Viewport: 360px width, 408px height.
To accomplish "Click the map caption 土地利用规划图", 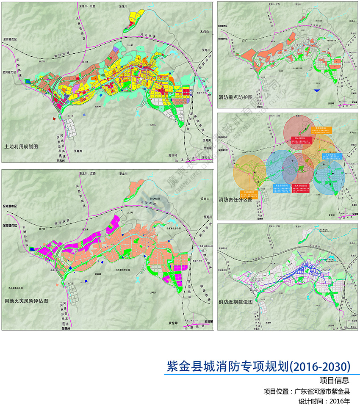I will point(21,146).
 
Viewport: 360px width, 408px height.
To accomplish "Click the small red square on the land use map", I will point(54,120).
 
